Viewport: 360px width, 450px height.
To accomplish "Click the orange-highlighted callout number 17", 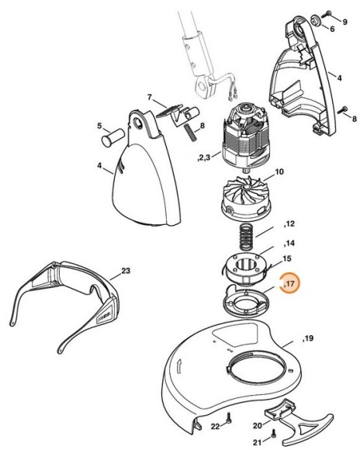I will click(292, 286).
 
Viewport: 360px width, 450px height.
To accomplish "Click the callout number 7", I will click(151, 97).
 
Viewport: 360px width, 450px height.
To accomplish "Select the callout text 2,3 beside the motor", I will click(204, 157).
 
